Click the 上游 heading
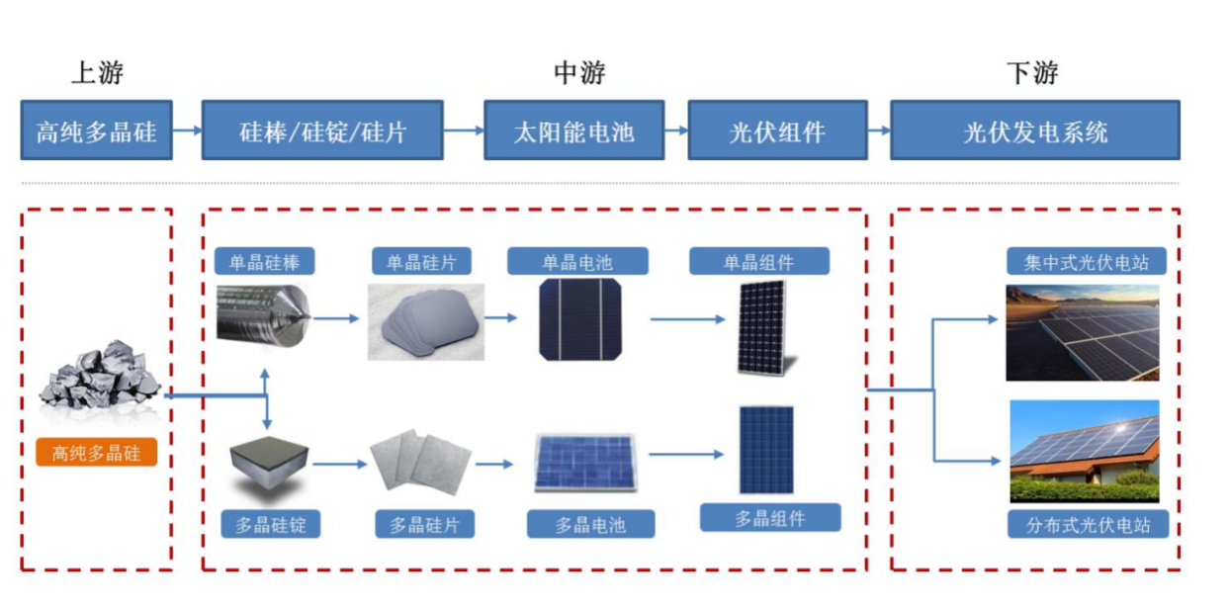(97, 73)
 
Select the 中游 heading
(578, 73)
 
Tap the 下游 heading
(1032, 73)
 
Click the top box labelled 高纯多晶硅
(96, 130)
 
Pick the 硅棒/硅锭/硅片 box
(322, 130)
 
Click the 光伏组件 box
(777, 130)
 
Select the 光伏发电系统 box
(1034, 130)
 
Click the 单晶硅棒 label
(265, 262)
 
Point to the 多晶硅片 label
(424, 524)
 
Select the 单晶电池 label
(577, 262)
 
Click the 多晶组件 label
(770, 518)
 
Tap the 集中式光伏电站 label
(1087, 262)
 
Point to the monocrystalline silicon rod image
(263, 315)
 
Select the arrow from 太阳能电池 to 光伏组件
(676, 130)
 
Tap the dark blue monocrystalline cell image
(579, 318)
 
